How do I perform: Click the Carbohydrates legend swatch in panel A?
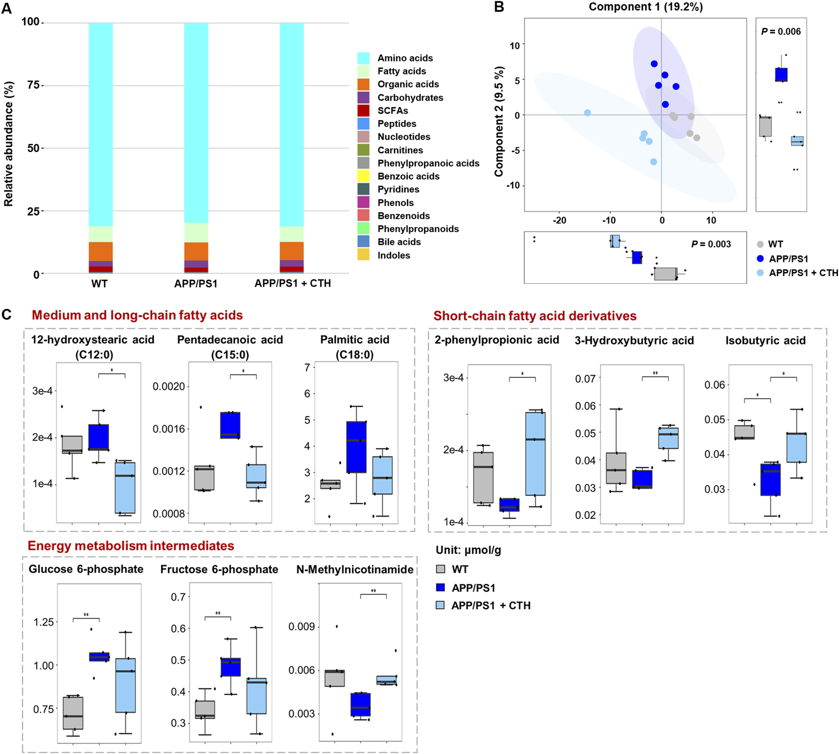point(363,98)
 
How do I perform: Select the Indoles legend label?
point(393,255)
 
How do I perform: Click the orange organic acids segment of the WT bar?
point(100,251)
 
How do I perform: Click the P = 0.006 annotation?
point(781,32)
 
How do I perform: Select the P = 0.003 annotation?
point(711,244)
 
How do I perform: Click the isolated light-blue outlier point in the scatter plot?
point(587,113)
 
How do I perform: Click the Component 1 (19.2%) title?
point(645,7)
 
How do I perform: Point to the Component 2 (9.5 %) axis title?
point(499,122)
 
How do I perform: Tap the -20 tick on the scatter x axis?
point(559,220)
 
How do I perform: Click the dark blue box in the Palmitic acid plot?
point(356,447)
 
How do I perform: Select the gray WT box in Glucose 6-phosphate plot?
point(73,712)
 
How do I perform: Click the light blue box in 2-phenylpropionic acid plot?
point(535,453)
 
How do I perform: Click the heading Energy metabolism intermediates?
point(131,546)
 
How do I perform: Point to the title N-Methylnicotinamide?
point(355,569)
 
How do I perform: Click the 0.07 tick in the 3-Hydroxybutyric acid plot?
point(585,378)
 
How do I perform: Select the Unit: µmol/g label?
point(468,550)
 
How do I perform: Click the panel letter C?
point(7,315)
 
